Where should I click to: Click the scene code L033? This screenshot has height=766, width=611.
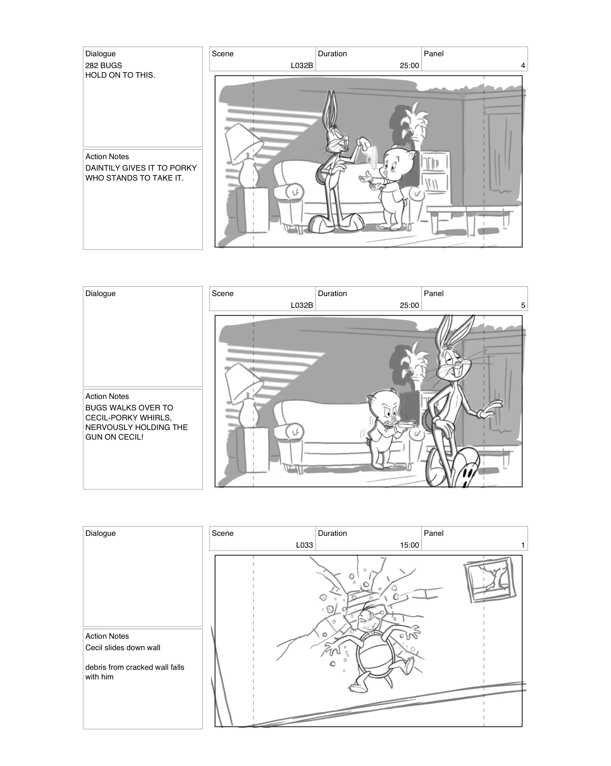coord(304,545)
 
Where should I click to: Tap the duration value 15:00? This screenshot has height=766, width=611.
coord(409,545)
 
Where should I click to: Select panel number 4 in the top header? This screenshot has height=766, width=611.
coord(522,65)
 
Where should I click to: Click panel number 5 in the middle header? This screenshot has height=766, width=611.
coord(522,305)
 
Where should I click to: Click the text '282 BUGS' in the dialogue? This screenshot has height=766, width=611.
coord(103,65)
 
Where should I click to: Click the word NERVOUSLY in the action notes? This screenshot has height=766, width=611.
coord(105,427)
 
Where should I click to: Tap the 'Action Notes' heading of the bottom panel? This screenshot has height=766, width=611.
coord(107,636)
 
